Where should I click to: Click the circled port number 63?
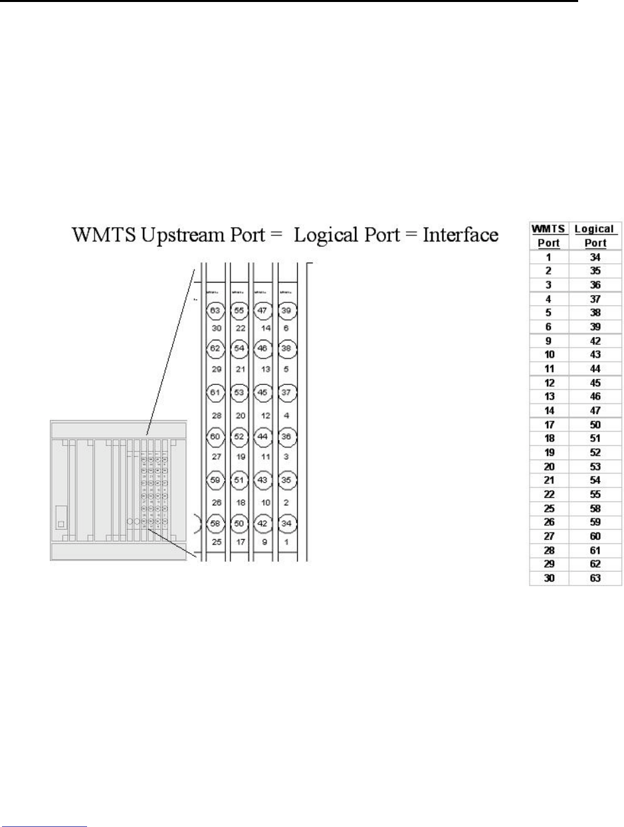[214, 310]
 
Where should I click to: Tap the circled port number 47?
[262, 310]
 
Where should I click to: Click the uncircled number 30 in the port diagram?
[214, 328]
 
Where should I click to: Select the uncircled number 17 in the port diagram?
[238, 543]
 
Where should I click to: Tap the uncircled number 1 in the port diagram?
[285, 543]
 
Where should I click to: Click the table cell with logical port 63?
[595, 579]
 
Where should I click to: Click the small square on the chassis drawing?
[61, 524]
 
